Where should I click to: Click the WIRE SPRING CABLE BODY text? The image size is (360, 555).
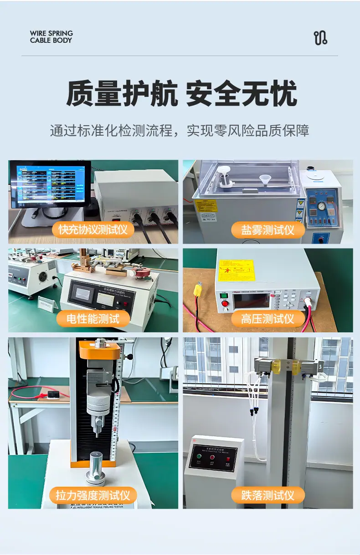(51, 37)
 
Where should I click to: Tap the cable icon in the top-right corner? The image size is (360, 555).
(320, 38)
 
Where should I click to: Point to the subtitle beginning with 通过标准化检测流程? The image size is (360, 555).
(180, 131)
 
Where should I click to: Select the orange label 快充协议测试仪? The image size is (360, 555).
(93, 229)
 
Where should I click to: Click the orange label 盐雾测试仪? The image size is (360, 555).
(267, 229)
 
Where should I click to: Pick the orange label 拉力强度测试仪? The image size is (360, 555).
(93, 495)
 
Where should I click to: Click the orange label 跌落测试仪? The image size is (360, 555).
(267, 495)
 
